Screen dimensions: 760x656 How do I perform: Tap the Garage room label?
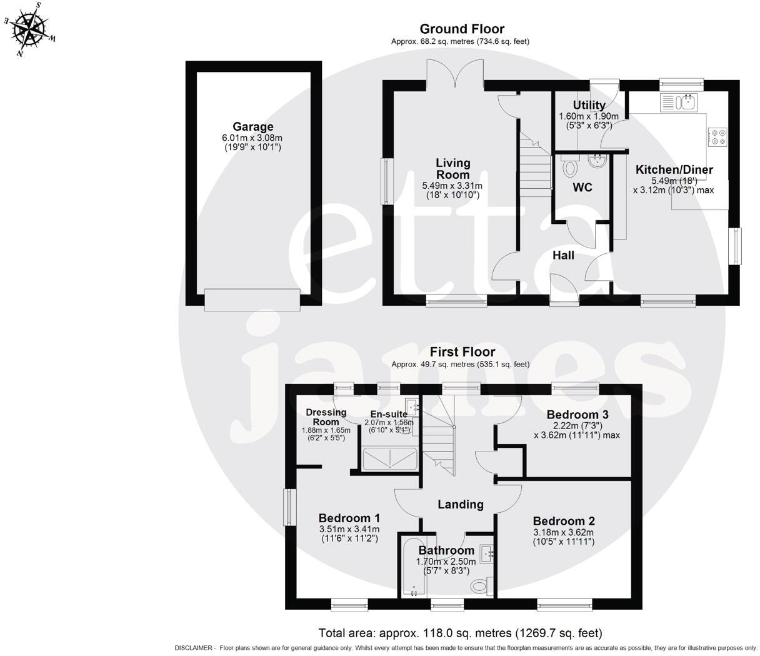[x=253, y=127]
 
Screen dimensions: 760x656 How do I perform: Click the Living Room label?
[x=452, y=168]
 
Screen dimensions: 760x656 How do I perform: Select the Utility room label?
[x=589, y=105]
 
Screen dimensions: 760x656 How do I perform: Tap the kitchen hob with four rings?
[x=717, y=136]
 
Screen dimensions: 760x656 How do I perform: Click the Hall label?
[x=563, y=255]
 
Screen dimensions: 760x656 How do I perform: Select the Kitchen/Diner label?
[x=674, y=169]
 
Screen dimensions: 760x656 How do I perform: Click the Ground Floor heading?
[x=461, y=29]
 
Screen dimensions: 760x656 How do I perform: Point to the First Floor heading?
[x=461, y=352]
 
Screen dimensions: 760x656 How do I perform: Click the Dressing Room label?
[x=326, y=416]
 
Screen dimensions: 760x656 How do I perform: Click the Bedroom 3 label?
[x=577, y=414]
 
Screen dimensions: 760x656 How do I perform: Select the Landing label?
[x=460, y=504]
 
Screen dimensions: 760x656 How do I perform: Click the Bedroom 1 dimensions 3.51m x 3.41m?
[x=349, y=530]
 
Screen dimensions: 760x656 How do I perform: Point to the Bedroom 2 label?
[x=564, y=521]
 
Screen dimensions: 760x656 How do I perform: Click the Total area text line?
[x=460, y=633]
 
